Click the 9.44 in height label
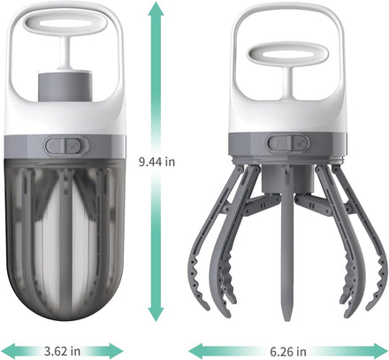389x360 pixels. tap(156, 162)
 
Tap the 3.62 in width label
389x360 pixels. tap(62, 351)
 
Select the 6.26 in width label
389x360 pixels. tap(288, 351)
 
